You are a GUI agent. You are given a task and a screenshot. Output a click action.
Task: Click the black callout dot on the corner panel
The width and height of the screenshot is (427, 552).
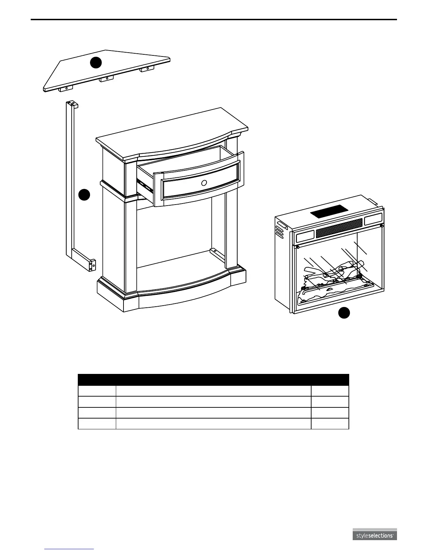tap(96, 62)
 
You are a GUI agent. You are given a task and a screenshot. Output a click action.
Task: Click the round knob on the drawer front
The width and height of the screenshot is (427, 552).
tap(204, 183)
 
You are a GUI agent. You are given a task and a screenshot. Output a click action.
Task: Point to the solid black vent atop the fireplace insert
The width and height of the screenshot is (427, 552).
tap(329, 212)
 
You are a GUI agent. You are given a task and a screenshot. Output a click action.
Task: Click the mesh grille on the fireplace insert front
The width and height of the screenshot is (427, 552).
tap(339, 228)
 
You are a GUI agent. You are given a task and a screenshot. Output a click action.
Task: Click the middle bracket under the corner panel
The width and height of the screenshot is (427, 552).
tap(106, 79)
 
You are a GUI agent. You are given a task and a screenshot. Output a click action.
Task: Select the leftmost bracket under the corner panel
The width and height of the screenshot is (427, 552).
tap(66, 89)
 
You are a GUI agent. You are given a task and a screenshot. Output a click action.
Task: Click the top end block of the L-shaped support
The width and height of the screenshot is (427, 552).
tap(72, 104)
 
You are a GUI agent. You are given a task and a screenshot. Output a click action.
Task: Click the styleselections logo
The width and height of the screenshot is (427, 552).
tap(374, 536)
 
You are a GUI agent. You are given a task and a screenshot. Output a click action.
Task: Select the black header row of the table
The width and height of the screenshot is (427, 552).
tap(213, 379)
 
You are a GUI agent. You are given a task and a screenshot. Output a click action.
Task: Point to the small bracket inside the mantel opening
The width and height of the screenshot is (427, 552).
tap(214, 251)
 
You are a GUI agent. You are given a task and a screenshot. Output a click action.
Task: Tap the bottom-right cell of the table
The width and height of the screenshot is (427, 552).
tap(330, 423)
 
